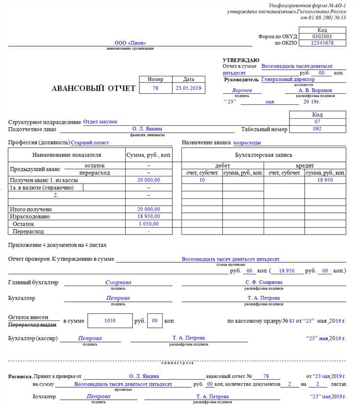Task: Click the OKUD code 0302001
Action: pos(322,37)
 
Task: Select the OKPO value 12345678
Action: pos(322,43)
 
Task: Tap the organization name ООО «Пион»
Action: pos(130,43)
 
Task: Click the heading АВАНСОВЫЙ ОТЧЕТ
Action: pos(93,88)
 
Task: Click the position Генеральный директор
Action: pos(288,79)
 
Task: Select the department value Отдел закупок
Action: pos(100,122)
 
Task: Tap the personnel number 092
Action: pos(317,129)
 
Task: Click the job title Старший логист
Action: pos(90,143)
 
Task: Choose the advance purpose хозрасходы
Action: pos(247,143)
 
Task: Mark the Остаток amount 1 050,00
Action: pos(149,224)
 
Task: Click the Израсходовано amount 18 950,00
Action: pos(149,217)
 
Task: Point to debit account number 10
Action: pos(202,180)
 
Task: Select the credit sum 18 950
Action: pos(325,180)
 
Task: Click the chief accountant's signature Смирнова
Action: pos(118,283)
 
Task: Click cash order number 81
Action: pos(292,321)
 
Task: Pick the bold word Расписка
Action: pos(20,376)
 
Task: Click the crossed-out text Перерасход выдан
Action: pos(33,325)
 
